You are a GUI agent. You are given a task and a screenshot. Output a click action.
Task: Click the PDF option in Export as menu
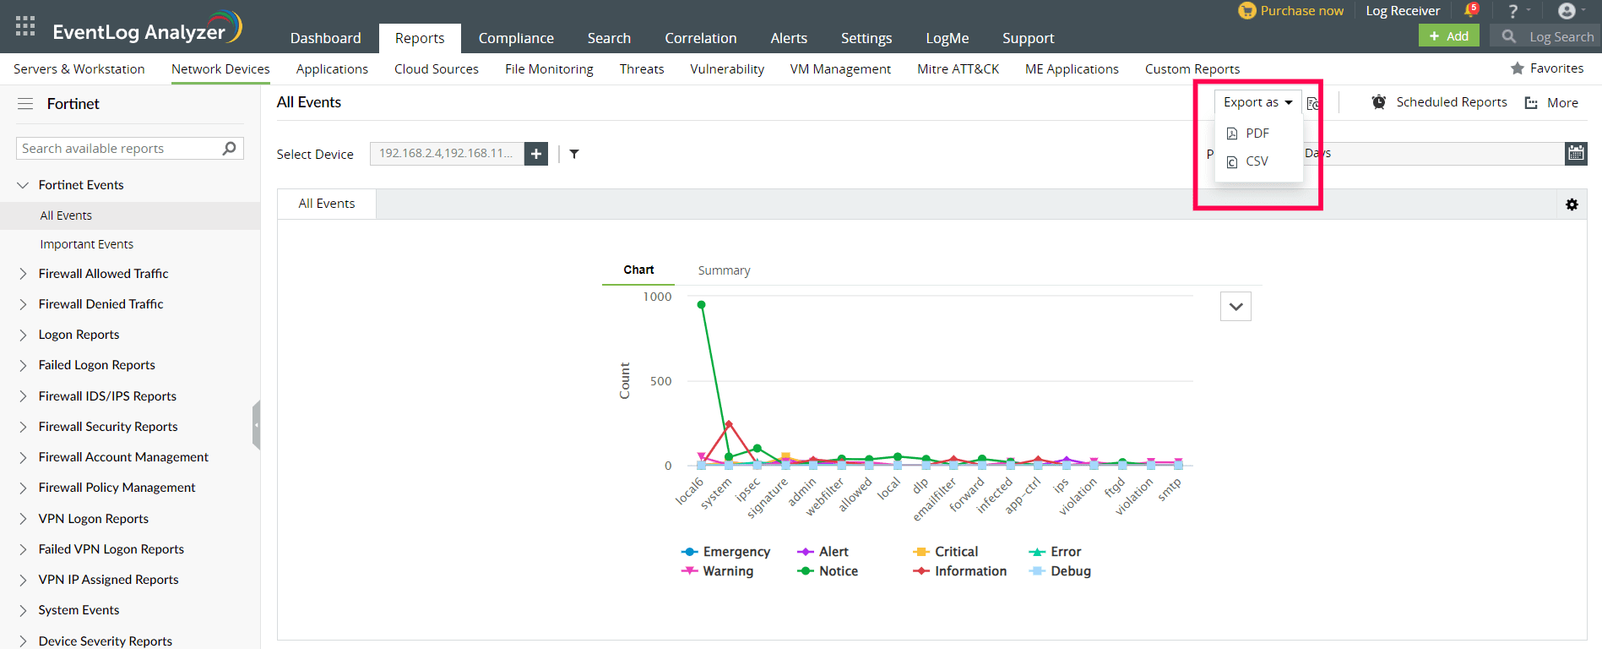click(x=1256, y=134)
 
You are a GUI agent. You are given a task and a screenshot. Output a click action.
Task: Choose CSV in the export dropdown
click(x=1256, y=161)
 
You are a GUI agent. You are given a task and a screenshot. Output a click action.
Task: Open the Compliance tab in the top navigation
click(x=516, y=38)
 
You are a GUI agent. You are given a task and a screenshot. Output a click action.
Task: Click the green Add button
click(x=1448, y=35)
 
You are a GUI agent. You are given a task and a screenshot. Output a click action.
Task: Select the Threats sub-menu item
click(x=641, y=69)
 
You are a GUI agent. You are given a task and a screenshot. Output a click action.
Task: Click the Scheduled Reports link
click(x=1450, y=102)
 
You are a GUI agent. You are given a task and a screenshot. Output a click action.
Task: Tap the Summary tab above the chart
click(x=724, y=270)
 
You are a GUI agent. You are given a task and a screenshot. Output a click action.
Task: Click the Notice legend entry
click(x=837, y=571)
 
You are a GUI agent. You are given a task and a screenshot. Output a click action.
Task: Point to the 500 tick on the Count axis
click(x=661, y=381)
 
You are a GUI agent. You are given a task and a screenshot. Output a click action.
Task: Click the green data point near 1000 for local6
click(x=701, y=305)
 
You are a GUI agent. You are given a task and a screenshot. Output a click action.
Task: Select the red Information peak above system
click(x=729, y=424)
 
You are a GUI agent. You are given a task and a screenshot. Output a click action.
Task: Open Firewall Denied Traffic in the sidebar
click(x=100, y=304)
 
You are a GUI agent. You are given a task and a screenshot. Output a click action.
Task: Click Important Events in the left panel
click(x=86, y=244)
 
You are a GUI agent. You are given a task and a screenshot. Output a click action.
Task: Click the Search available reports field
click(x=118, y=149)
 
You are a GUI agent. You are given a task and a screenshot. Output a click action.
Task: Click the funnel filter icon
click(x=574, y=154)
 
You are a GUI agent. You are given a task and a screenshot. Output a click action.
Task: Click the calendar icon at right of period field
click(x=1576, y=153)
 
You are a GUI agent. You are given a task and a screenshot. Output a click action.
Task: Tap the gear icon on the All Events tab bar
click(x=1572, y=205)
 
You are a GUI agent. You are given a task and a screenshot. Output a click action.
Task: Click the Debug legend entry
click(x=1069, y=571)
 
